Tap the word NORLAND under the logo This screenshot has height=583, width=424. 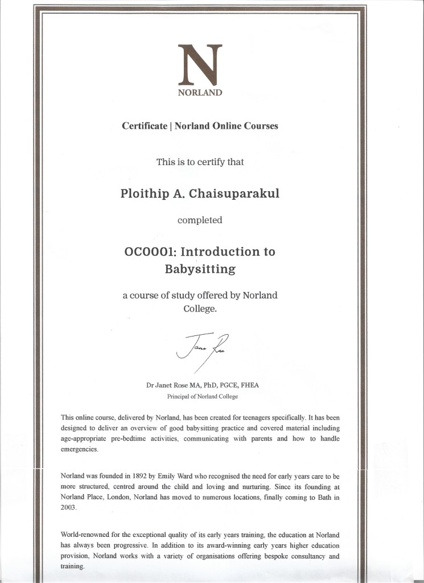[x=200, y=93]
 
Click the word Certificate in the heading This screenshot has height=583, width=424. [x=145, y=126]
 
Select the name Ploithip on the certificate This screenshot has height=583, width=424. [x=143, y=193]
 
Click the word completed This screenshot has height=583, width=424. [x=200, y=220]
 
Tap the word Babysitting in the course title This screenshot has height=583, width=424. [x=200, y=269]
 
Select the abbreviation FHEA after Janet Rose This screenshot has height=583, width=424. [x=248, y=385]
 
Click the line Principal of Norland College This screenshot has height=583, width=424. [x=202, y=396]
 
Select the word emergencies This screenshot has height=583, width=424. [x=80, y=449]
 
